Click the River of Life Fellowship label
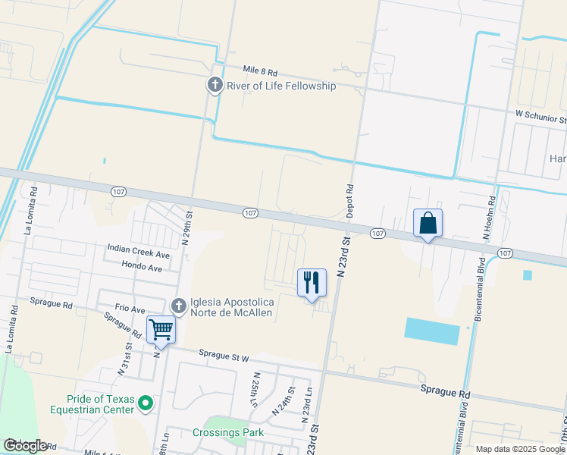pos(281,86)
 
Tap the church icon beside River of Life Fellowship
pos(215,85)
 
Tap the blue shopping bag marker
pos(428,223)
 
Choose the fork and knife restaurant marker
pos(312,283)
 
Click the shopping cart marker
pos(160,330)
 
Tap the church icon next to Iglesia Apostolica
pos(179,306)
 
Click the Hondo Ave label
pos(142,267)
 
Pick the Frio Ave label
pos(130,309)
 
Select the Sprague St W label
pos(224,353)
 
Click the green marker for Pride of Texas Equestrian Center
pos(147,403)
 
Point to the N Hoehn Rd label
pos(492,214)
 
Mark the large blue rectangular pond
pos(432,331)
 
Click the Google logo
pos(25,446)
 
